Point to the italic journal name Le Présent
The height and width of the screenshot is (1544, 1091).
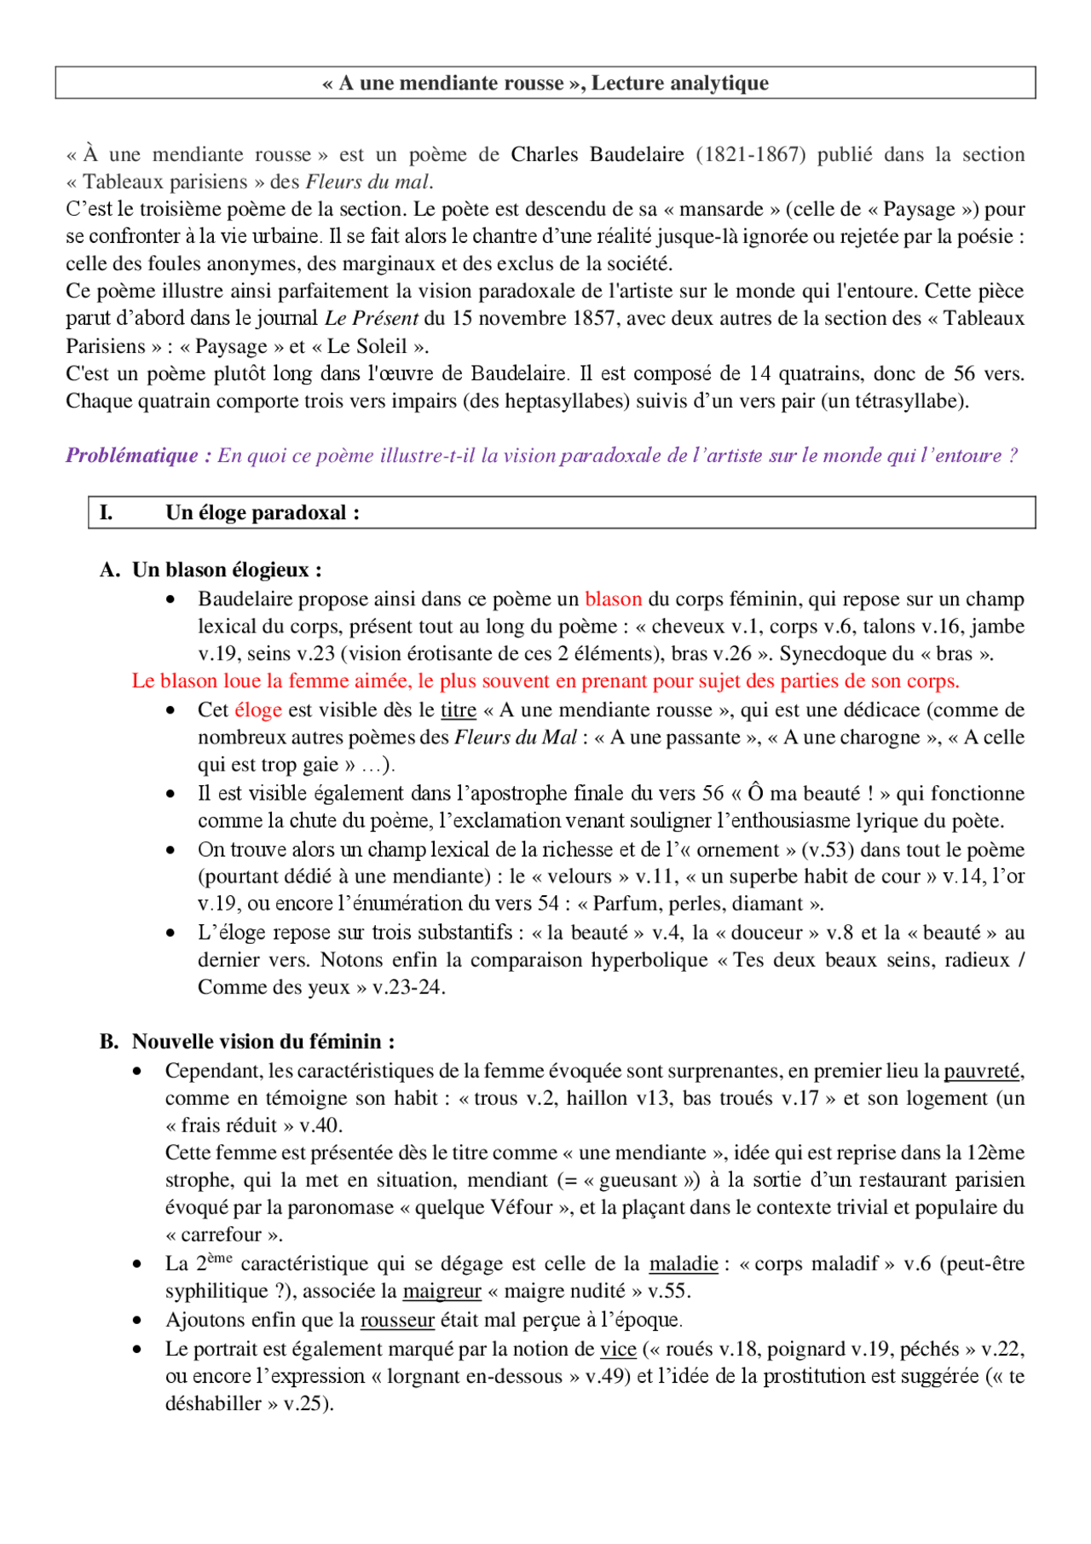[372, 318]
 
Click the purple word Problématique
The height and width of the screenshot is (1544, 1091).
[132, 455]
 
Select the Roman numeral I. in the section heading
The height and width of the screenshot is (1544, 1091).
[107, 512]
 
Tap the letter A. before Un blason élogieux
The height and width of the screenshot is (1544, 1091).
[110, 570]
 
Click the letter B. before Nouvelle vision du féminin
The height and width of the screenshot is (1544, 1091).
[109, 1041]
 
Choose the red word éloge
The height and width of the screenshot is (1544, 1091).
[258, 709]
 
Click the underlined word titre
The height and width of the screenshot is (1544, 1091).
[458, 709]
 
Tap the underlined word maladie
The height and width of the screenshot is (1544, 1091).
[684, 1263]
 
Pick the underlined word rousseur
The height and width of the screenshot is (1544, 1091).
[397, 1320]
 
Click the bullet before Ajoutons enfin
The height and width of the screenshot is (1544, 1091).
[137, 1321]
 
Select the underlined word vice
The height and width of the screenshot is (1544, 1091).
[618, 1349]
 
